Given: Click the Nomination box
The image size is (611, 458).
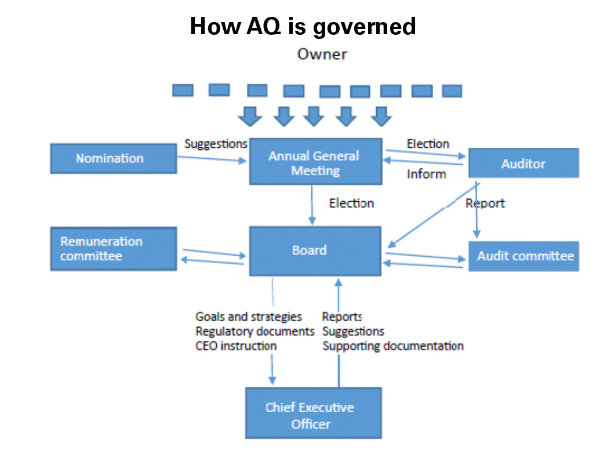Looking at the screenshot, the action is (x=114, y=159).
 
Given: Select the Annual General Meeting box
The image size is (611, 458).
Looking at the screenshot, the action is (x=315, y=161).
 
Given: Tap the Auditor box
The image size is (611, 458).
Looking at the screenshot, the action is (x=523, y=163).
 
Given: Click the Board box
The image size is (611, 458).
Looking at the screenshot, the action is (x=315, y=251).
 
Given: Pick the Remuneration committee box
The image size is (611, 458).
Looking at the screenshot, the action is (x=114, y=249).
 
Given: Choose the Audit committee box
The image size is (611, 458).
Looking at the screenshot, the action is (x=523, y=256).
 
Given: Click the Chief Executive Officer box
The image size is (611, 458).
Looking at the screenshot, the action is (x=313, y=413).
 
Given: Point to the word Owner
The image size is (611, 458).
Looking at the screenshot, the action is (x=322, y=54).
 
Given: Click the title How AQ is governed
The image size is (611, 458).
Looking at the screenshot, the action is (x=303, y=26).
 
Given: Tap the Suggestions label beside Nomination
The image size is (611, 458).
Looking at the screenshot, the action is (x=216, y=144).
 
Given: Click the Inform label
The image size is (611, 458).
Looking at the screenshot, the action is (x=426, y=174).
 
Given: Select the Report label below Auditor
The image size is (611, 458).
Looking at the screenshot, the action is (x=485, y=203).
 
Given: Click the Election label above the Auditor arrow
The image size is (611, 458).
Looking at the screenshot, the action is (x=428, y=144).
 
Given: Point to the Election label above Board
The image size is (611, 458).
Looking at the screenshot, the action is (x=351, y=203).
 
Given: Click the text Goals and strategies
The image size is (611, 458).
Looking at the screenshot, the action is (x=249, y=317).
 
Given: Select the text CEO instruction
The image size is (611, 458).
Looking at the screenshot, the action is (x=236, y=346).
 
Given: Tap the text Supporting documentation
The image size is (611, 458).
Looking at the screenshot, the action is (x=393, y=346).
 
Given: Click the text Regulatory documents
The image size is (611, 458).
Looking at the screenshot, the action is (x=255, y=331).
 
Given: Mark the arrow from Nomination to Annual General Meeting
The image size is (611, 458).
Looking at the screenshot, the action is (x=212, y=159).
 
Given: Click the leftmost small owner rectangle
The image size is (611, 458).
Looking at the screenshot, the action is (x=183, y=90).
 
